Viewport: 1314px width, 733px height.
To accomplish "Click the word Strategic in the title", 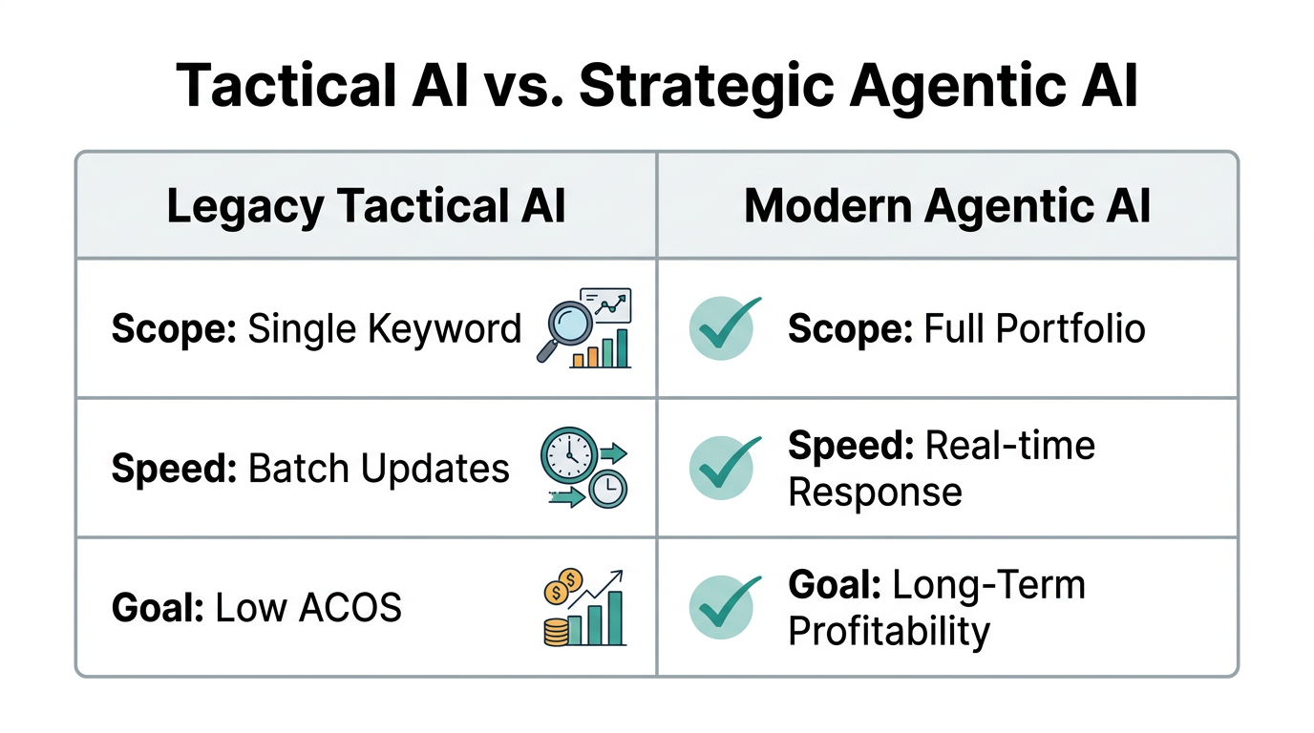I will [706, 87].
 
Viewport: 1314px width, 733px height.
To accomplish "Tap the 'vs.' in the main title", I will [521, 87].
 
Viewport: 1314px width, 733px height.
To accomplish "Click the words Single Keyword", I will [384, 328].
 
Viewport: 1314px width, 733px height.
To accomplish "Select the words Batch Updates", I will [378, 469].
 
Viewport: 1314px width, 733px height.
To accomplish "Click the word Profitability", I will [889, 632].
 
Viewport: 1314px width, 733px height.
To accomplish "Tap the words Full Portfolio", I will [1034, 328].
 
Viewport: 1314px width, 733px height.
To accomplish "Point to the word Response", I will [875, 492].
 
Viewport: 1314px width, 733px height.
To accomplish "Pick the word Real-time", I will [1010, 446].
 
